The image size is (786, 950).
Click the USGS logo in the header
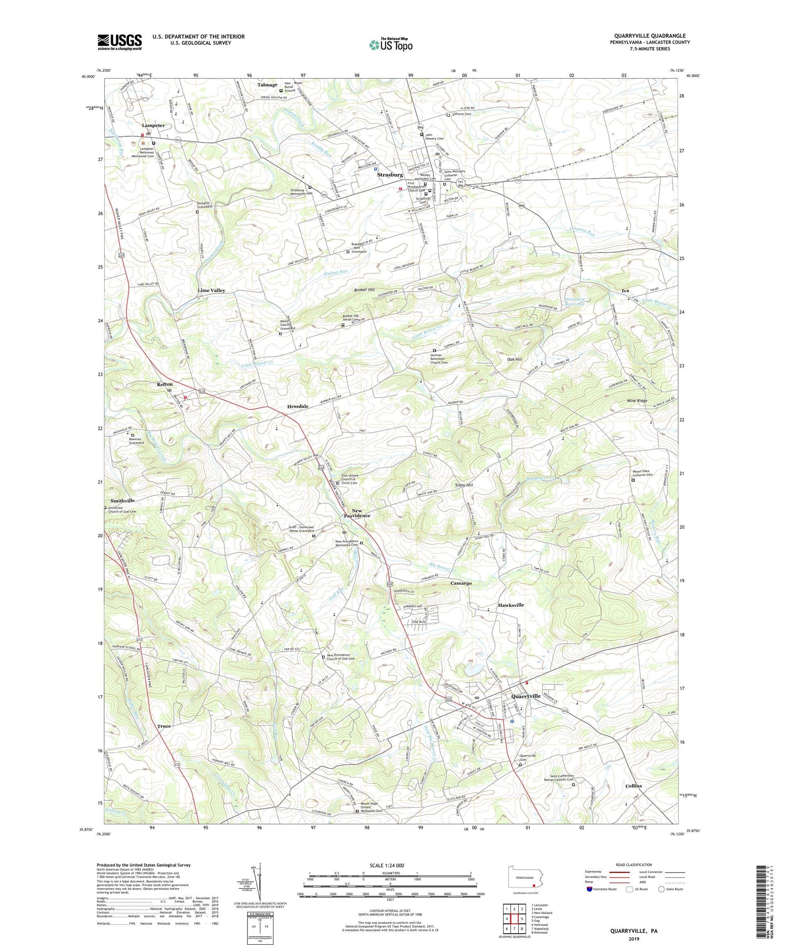(x=119, y=42)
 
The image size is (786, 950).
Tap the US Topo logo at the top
(x=390, y=45)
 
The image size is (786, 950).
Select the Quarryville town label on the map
(x=526, y=696)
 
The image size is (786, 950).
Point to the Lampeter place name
(x=153, y=125)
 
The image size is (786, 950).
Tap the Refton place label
(x=165, y=384)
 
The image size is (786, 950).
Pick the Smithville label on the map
(x=122, y=500)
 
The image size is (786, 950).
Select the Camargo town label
(x=461, y=583)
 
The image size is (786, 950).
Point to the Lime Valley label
(x=211, y=290)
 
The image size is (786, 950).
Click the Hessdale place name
(x=298, y=406)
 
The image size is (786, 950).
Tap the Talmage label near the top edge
(x=267, y=85)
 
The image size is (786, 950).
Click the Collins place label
(x=634, y=786)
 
